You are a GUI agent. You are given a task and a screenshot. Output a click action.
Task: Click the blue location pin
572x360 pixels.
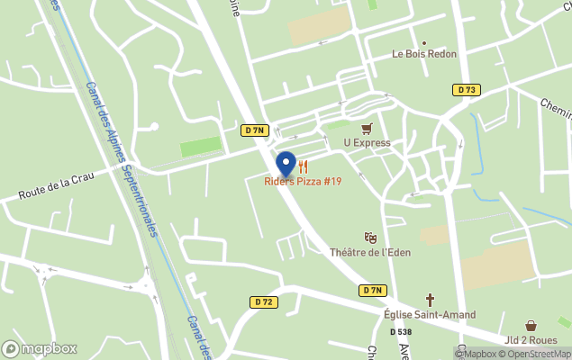coord(286,164)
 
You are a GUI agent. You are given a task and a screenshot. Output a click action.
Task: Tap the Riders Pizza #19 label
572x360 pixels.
coord(303,182)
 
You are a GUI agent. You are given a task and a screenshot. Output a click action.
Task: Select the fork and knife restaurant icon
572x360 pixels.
coord(304,166)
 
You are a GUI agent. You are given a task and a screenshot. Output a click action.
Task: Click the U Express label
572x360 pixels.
coord(367,143)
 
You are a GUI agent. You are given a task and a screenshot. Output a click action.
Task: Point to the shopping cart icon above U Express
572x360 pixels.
coord(367,129)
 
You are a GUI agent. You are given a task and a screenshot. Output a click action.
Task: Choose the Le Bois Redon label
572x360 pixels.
coord(423,54)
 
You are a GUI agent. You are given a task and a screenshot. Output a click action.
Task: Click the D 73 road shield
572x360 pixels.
coord(466,90)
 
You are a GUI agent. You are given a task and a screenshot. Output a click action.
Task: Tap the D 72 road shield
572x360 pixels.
coord(262,302)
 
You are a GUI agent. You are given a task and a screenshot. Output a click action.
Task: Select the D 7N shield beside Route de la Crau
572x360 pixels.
coord(255,130)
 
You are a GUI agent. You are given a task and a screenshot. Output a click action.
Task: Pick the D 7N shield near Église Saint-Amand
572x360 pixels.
coord(373,290)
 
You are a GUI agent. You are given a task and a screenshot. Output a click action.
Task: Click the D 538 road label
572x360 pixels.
coord(401,332)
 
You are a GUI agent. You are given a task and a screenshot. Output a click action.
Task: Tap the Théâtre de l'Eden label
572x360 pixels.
coord(370,253)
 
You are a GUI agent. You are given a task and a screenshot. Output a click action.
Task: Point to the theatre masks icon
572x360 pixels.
coord(370,238)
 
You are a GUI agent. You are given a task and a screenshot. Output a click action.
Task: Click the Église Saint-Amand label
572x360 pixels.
coord(430,315)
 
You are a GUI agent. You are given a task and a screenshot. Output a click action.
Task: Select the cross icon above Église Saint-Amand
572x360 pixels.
coord(430,300)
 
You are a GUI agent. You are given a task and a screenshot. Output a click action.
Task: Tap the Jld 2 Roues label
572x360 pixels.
coord(531,340)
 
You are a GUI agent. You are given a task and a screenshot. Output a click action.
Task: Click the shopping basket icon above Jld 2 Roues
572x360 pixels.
coord(531,326)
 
